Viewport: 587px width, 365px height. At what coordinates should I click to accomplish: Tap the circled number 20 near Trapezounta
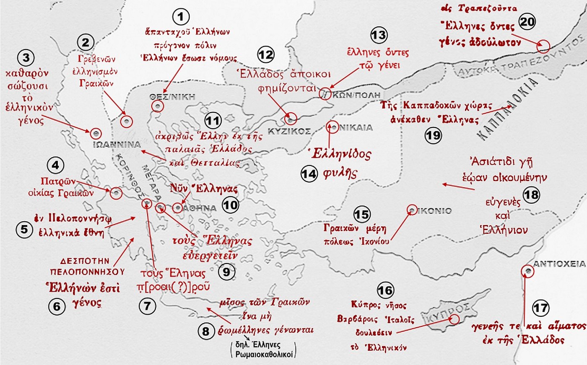pos(527,21)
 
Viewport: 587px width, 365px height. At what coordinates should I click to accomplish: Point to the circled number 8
pos(205,332)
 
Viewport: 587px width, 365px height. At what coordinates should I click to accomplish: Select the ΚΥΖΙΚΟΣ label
pos(289,132)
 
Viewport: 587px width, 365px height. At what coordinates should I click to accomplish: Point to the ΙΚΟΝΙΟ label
pos(434,211)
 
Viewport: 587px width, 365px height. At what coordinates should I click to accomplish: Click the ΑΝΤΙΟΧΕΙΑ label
pos(559,264)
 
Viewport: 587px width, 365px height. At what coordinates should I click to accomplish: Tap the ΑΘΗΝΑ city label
pos(200,208)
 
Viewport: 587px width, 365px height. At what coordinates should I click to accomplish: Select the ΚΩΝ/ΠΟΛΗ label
pos(356,95)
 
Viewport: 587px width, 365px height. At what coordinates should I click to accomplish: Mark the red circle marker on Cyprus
pos(454,319)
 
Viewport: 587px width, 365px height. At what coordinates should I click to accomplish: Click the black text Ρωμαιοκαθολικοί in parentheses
pos(263,354)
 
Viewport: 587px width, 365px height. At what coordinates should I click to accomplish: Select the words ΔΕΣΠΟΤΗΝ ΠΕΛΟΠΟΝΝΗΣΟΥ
pos(87,266)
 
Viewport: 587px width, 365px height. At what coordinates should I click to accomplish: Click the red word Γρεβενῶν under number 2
pos(96,59)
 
